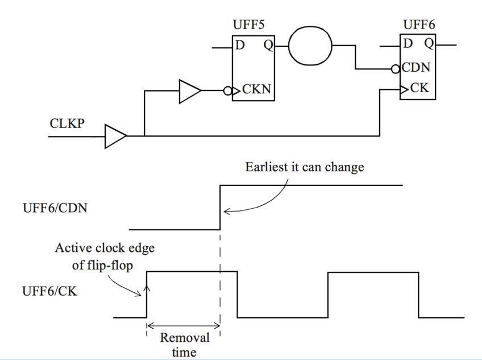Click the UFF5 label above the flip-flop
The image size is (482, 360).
tap(248, 24)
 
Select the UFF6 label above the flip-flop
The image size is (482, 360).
tap(419, 24)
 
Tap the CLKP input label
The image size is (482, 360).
tap(67, 123)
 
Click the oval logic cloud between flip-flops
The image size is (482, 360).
tap(310, 46)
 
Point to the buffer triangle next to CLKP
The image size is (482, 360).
tap(115, 136)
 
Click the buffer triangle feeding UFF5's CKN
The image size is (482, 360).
tap(190, 92)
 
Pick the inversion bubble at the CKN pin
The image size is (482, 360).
tap(227, 91)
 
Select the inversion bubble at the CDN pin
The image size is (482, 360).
tap(395, 69)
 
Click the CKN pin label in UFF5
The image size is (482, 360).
tap(257, 89)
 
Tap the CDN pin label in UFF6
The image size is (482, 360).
tap(416, 67)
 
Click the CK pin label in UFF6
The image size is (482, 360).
tap(419, 88)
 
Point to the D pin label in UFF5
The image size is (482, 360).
tap(240, 45)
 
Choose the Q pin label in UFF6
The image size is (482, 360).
tap(429, 44)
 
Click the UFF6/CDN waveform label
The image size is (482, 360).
tap(55, 208)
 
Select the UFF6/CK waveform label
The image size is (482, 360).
tap(50, 291)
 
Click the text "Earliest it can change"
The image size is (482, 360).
tap(305, 167)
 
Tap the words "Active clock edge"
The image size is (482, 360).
tap(105, 248)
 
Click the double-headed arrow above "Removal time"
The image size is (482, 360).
tap(184, 326)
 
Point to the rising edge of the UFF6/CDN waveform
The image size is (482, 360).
tap(220, 208)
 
